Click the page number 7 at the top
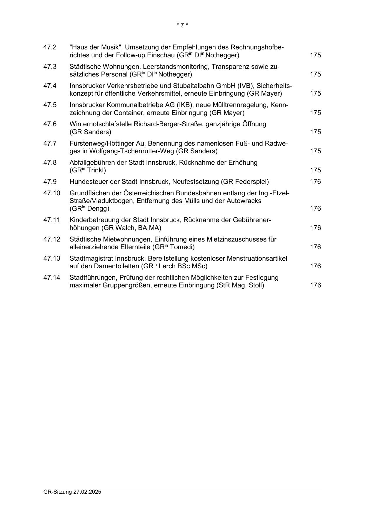click(x=182, y=25)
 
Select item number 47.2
click(x=50, y=47)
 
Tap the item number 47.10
click(x=51, y=193)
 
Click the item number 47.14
click(x=51, y=278)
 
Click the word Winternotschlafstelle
click(x=101, y=124)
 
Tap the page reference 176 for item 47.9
click(x=315, y=182)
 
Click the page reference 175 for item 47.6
click(x=315, y=132)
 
